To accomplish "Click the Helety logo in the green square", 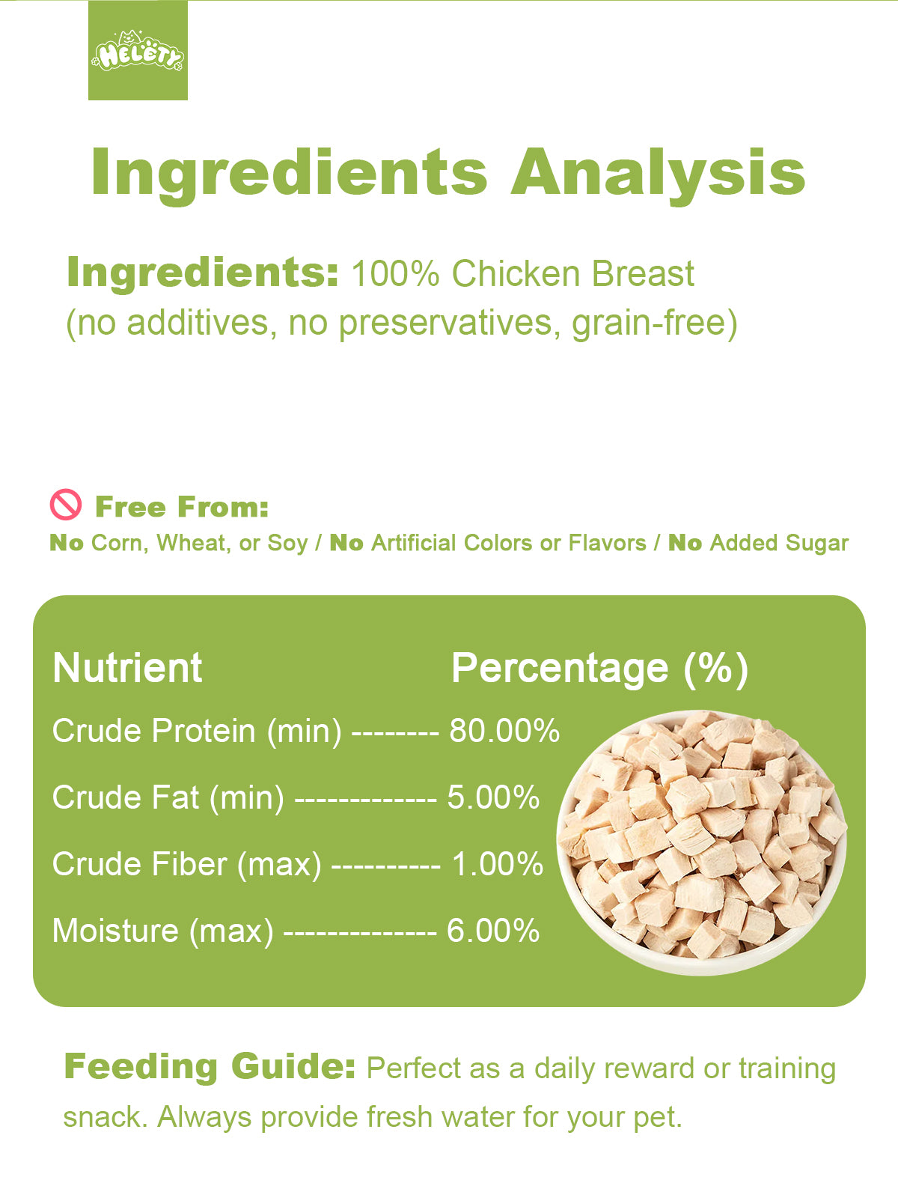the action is click(138, 52).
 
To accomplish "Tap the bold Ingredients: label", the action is click(203, 273).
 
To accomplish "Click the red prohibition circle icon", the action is click(66, 504).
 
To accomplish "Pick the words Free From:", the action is click(182, 507).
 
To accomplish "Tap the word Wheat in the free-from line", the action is click(191, 543).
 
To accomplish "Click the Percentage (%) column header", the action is click(599, 669).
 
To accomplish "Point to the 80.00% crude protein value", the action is click(504, 730).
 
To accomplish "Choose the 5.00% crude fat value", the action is click(493, 797).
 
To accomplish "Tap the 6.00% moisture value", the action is click(493, 931).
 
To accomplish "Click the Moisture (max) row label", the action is click(162, 931).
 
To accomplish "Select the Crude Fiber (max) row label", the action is click(186, 865).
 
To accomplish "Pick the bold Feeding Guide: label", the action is click(210, 1066).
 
